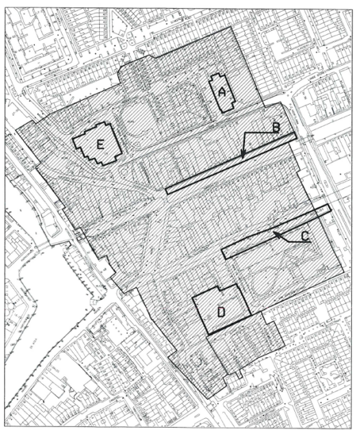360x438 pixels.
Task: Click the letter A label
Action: coord(222,91)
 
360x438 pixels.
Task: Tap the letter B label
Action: coord(275,127)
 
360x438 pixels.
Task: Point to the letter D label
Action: coord(221,312)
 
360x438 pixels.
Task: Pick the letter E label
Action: coord(100,144)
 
